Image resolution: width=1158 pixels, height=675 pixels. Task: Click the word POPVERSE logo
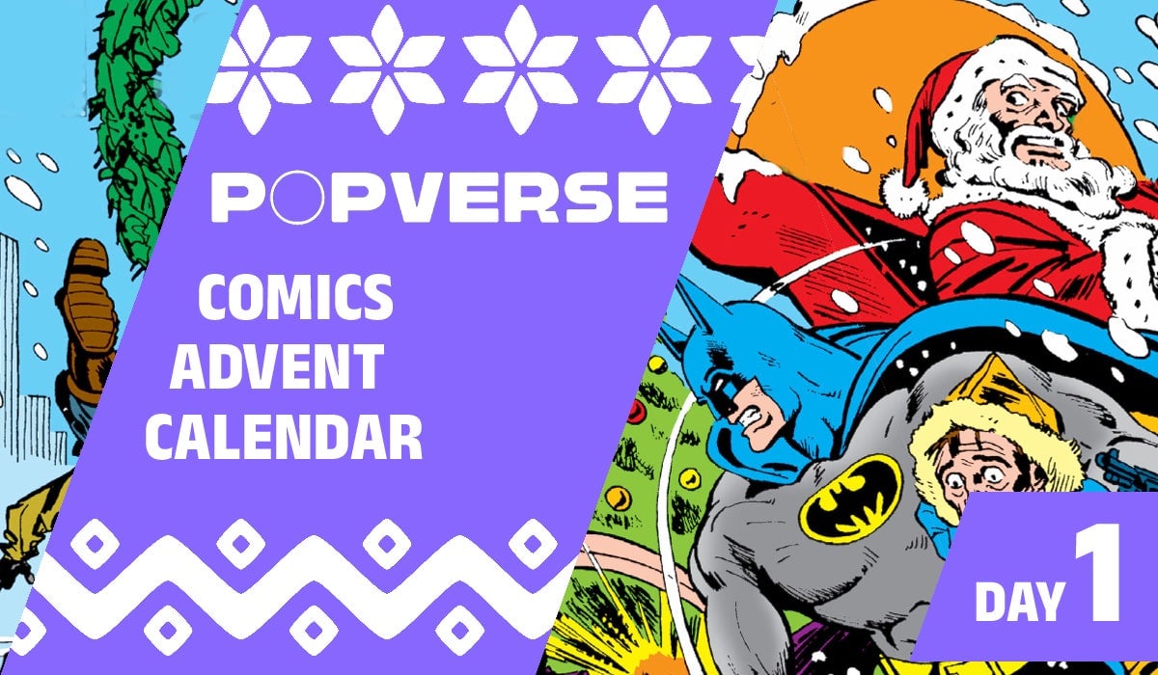pyautogui.click(x=439, y=198)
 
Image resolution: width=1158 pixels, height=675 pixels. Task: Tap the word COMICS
pyautogui.click(x=295, y=299)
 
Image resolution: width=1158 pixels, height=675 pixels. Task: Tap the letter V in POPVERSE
pyautogui.click(x=408, y=198)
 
